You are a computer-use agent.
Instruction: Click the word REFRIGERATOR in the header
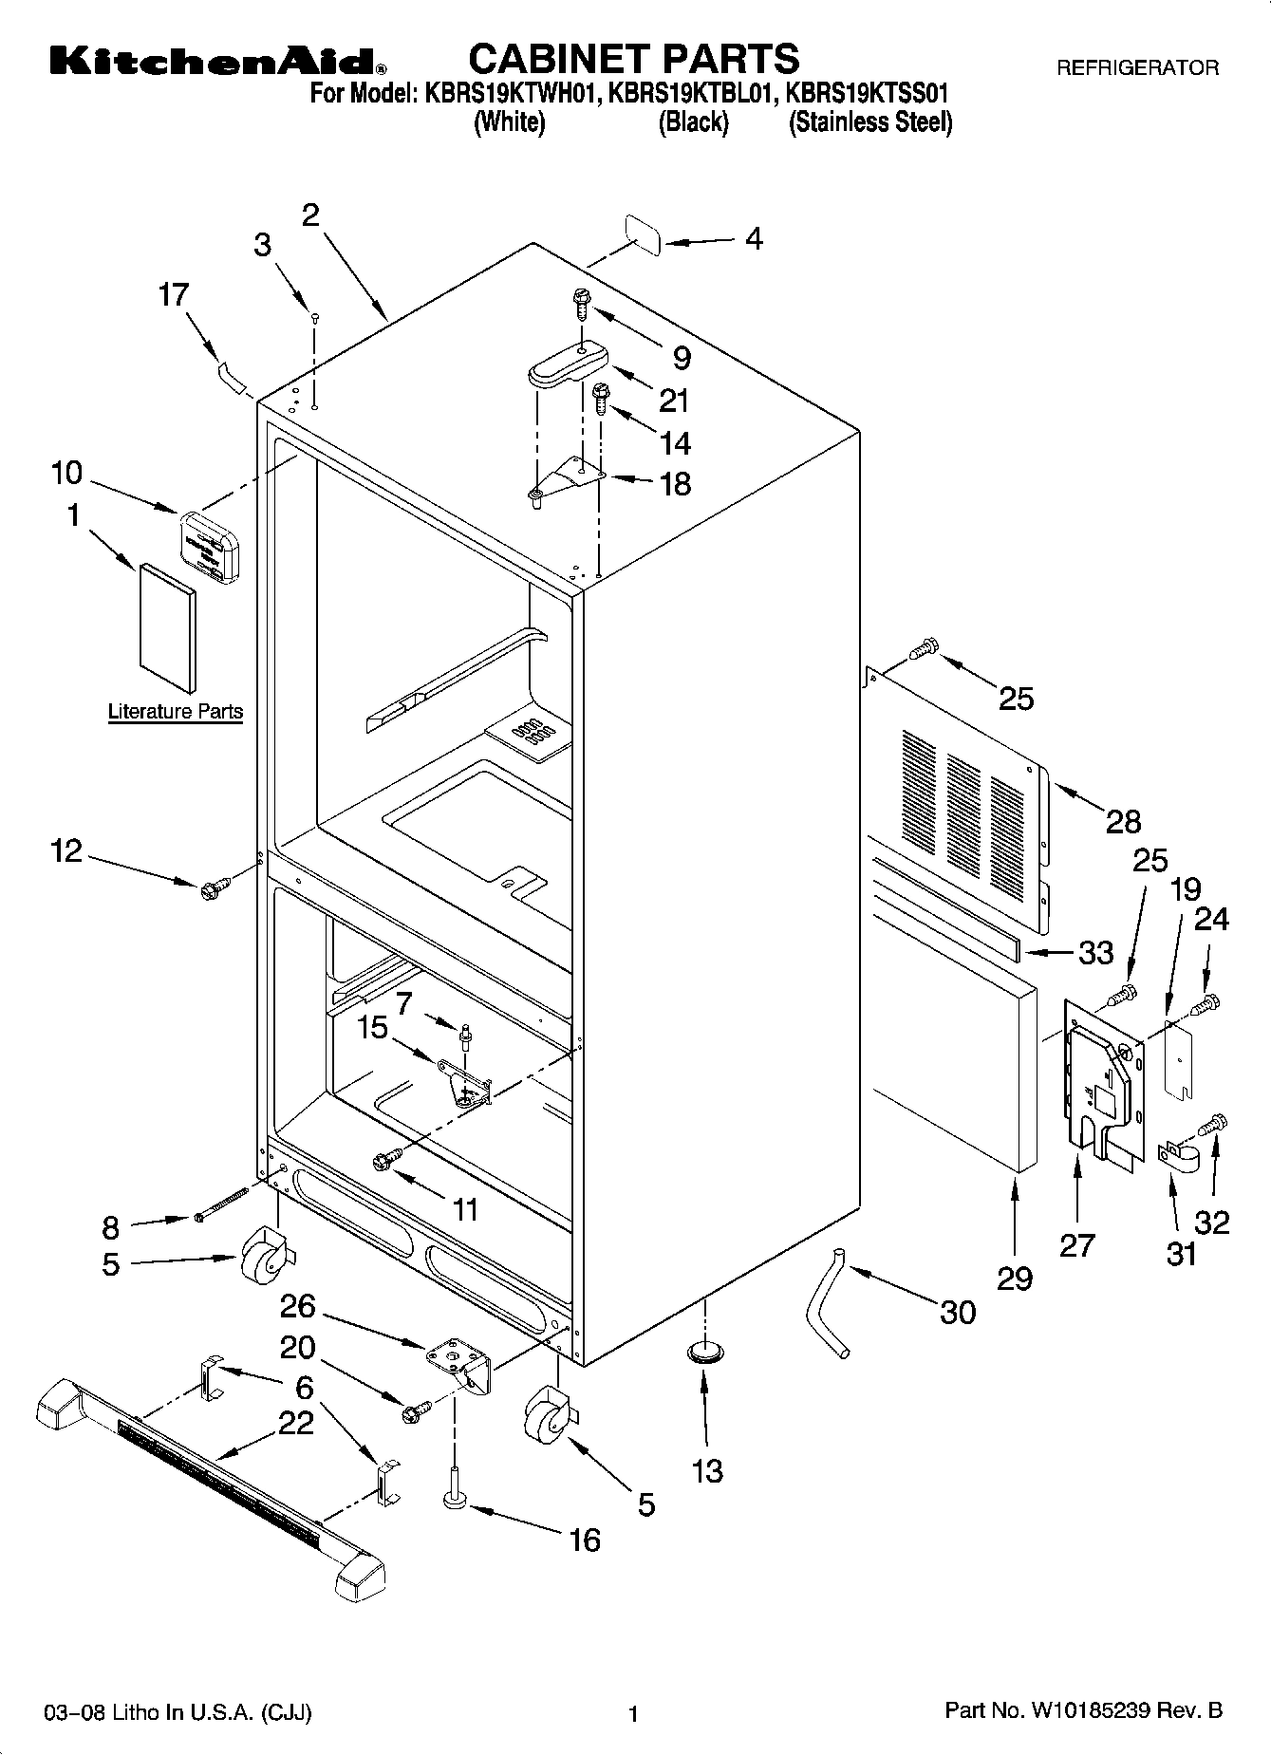1137,68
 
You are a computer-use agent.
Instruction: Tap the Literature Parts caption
176,711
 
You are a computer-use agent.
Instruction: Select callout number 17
174,295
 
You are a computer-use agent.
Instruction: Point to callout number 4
753,238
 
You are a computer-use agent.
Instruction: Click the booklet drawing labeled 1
168,628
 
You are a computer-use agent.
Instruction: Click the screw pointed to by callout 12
212,889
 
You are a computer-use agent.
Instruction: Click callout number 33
1096,952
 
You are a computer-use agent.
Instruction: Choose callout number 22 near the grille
295,1424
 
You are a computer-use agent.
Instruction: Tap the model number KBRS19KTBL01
693,94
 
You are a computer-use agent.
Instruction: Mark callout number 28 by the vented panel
1123,821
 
